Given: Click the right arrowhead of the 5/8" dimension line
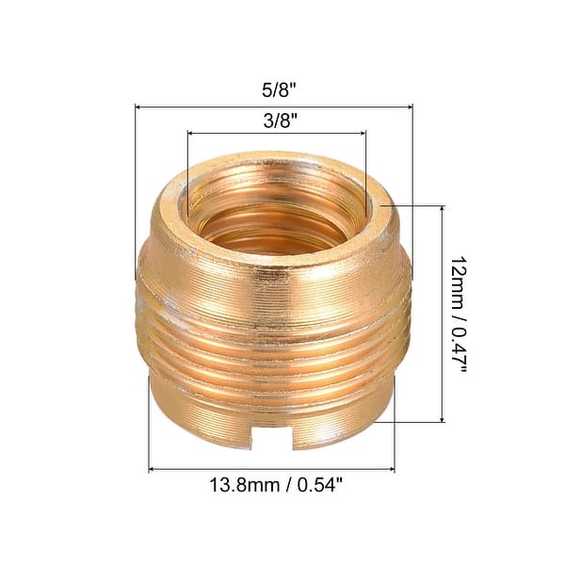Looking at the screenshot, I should [x=411, y=106].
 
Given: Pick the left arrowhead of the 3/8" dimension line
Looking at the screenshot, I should [x=189, y=133].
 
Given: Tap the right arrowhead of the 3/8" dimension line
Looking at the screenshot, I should [x=363, y=133].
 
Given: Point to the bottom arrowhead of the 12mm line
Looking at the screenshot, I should [x=442, y=419].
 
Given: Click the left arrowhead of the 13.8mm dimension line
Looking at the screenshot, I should [x=153, y=469].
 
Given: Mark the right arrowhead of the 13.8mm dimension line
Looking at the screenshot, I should [x=391, y=469].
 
